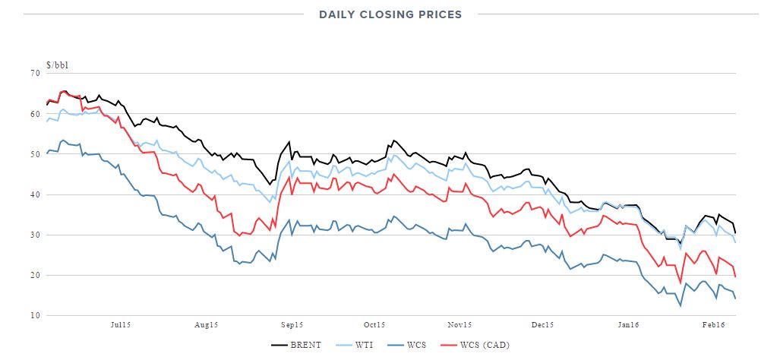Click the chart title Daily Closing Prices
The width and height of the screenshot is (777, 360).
point(390,14)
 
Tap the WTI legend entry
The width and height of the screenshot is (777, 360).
point(359,346)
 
